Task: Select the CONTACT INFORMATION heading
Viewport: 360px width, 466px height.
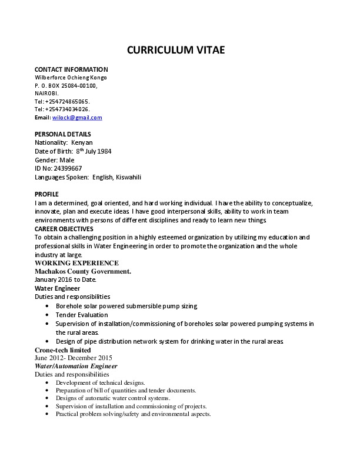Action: tap(71, 69)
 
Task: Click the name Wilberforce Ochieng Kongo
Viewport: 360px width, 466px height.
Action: tap(71, 78)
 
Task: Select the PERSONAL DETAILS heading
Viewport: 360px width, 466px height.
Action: tap(64, 135)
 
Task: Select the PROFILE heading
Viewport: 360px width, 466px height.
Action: tap(46, 194)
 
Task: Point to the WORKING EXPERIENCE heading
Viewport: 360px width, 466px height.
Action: tap(76, 263)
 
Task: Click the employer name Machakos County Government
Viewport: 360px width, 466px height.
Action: tap(83, 271)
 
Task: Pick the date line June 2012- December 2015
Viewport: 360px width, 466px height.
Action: tap(74, 358)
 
